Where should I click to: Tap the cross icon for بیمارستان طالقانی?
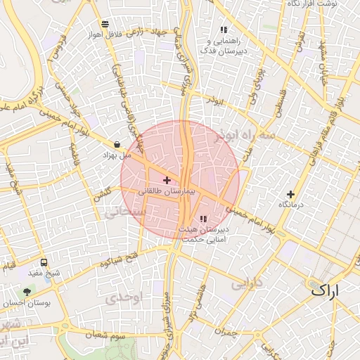167,181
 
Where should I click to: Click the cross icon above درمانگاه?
291,194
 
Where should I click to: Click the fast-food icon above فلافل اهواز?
105,23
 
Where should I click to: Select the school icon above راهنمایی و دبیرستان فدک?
224,30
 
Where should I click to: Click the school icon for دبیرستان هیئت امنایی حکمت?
204,219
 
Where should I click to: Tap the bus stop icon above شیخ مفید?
44,262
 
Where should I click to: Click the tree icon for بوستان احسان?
27,290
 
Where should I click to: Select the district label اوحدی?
124,298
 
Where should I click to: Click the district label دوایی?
246,283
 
